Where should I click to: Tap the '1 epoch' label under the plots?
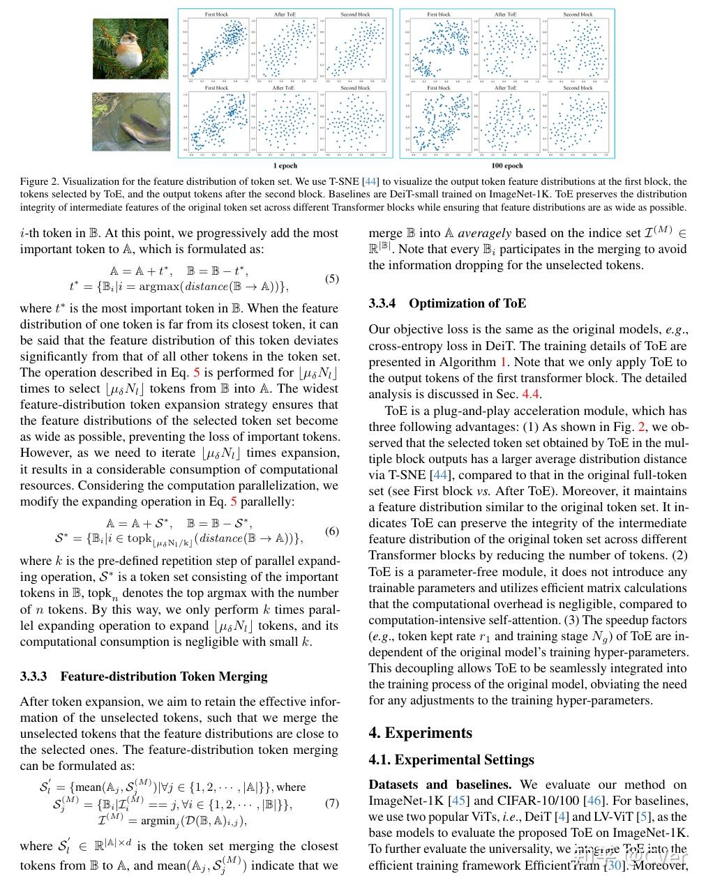[285, 166]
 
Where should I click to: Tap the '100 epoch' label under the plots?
[507, 166]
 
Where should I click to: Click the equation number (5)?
[332, 279]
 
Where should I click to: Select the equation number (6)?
[332, 531]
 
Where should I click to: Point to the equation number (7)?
[332, 803]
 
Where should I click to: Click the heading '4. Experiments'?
[420, 733]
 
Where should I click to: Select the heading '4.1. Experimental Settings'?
[451, 760]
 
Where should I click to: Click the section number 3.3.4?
[382, 303]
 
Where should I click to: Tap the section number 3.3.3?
[33, 676]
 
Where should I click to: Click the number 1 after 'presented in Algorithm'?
[503, 362]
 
